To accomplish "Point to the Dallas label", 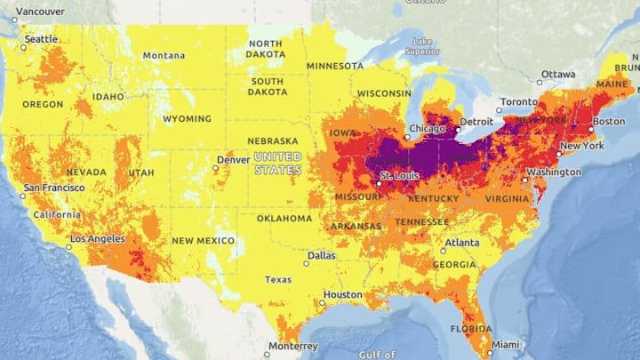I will (322, 255).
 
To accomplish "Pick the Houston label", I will (342, 294).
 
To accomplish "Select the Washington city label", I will (554, 172).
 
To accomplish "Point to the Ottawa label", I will (559, 74).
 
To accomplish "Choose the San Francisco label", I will (54, 188).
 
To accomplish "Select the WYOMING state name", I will (187, 119).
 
